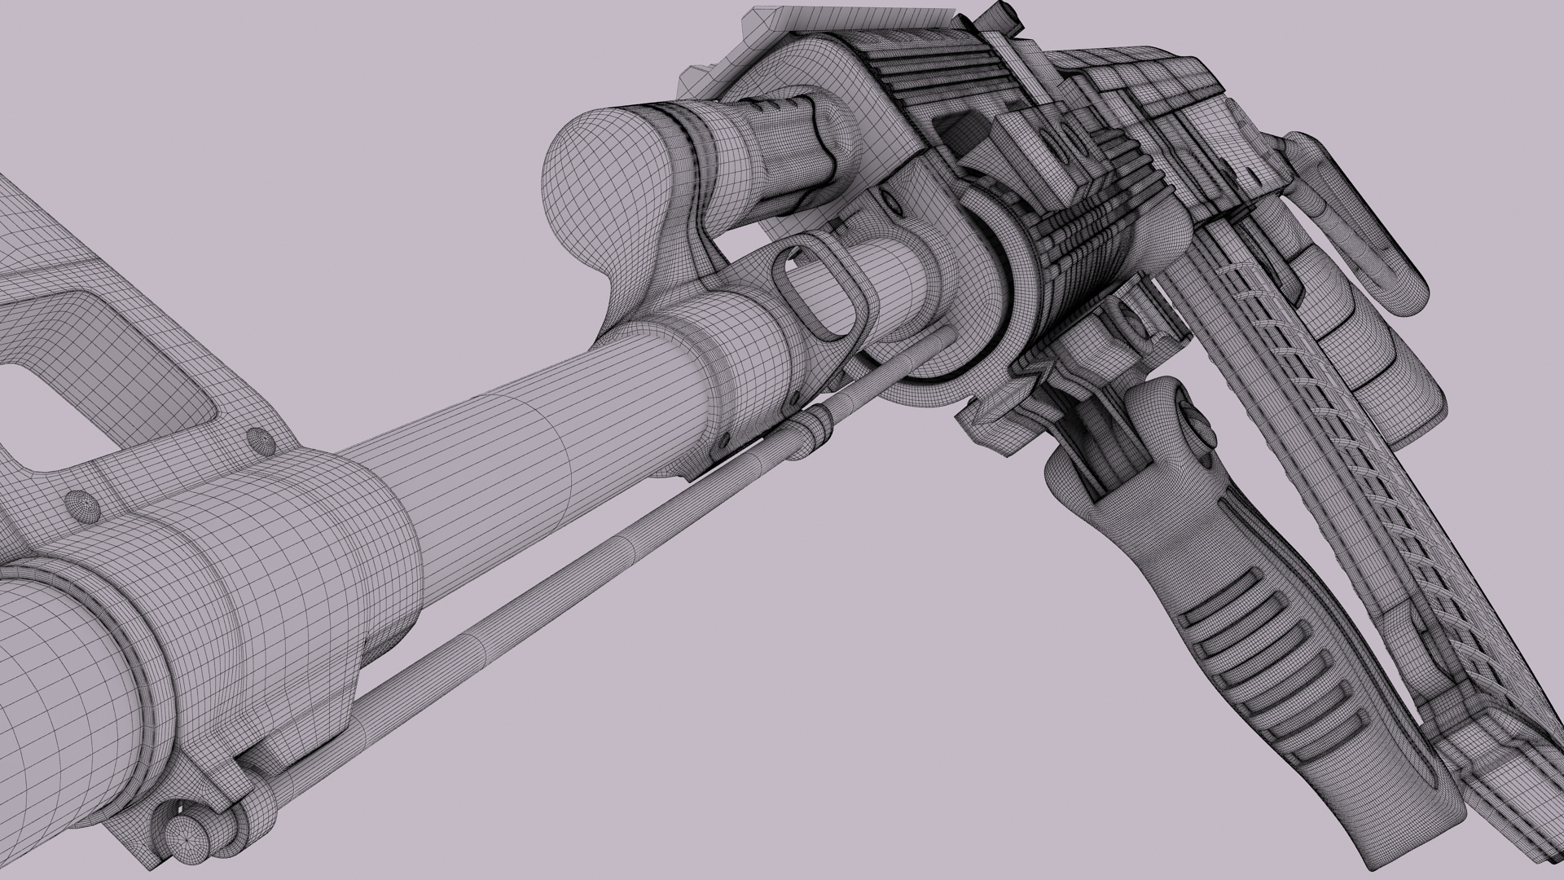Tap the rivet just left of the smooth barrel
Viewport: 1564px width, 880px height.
tap(261, 441)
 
